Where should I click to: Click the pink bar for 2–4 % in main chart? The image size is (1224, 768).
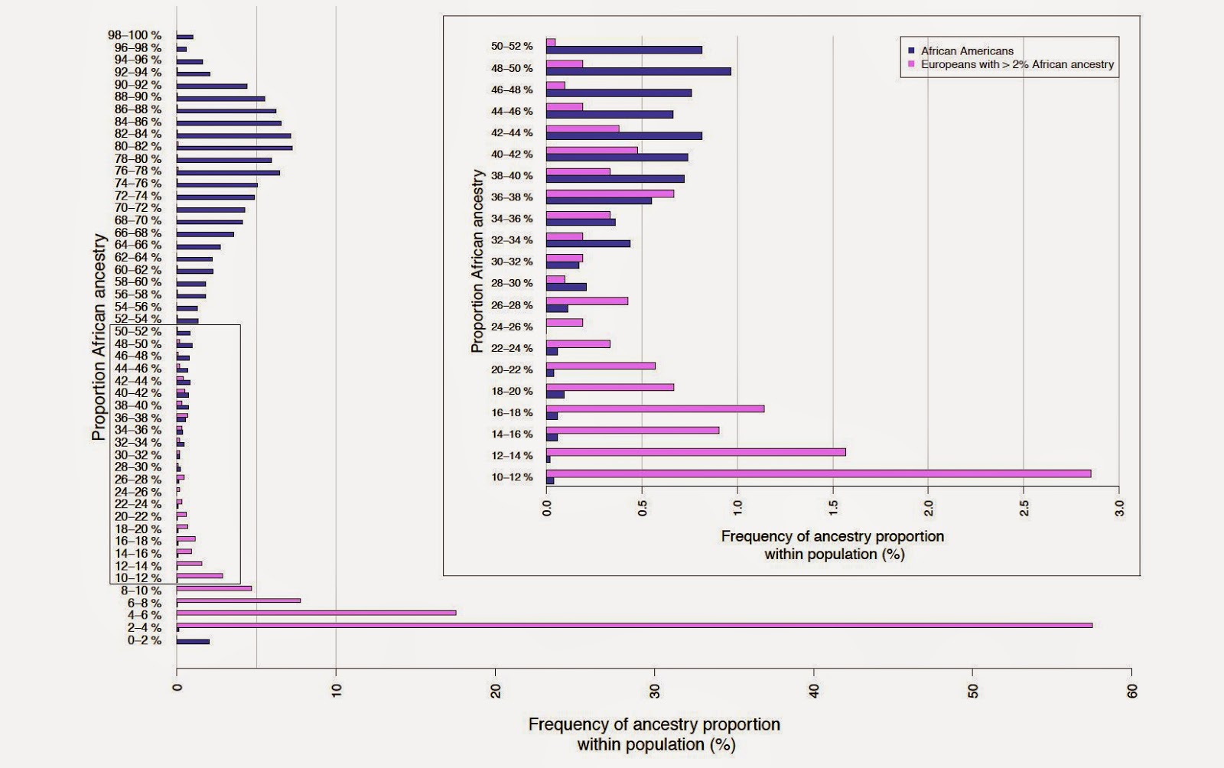coord(633,625)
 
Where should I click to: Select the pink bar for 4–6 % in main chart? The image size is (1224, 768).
coord(316,613)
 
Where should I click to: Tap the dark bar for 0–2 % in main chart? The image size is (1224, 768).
coord(193,642)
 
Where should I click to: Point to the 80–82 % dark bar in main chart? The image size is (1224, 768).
coord(234,148)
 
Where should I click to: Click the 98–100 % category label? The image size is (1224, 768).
coord(135,35)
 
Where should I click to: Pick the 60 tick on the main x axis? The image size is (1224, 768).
coord(1133,690)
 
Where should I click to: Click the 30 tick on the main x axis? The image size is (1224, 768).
coord(655,690)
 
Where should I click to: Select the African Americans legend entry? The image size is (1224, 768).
coord(966,51)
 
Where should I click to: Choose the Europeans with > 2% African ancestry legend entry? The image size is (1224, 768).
coord(1017,64)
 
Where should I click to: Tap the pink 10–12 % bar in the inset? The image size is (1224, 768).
coord(819,473)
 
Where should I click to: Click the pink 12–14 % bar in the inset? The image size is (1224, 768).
coord(696,452)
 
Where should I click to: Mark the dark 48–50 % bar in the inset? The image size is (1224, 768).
coord(639,71)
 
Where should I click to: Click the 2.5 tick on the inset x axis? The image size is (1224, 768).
coord(1024,507)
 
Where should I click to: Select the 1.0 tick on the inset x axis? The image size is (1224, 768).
coord(738,507)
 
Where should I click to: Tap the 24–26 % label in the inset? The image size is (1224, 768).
coord(512,326)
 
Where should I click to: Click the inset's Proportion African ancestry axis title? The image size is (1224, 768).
coord(478,261)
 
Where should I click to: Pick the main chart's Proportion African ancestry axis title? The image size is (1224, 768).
coord(99,337)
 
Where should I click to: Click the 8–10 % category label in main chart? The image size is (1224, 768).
coord(142,591)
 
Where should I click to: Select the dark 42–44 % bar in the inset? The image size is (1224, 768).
coord(624,136)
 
